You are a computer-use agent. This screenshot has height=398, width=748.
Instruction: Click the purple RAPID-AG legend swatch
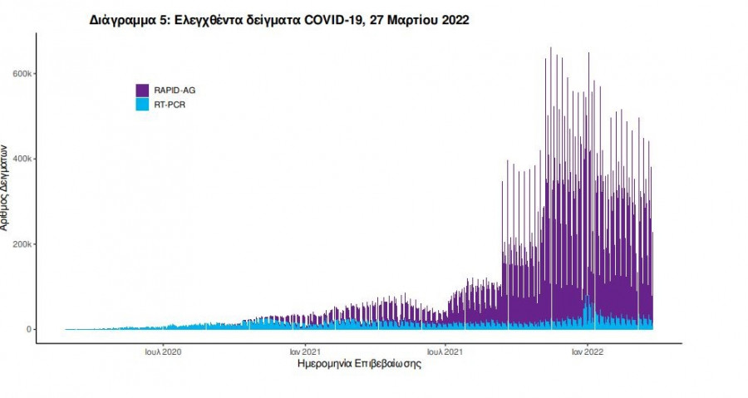[x=142, y=90]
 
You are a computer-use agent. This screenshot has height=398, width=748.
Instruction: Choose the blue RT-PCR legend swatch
[x=142, y=105]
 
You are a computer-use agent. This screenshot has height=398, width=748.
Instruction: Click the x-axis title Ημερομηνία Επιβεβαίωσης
[x=358, y=365]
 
